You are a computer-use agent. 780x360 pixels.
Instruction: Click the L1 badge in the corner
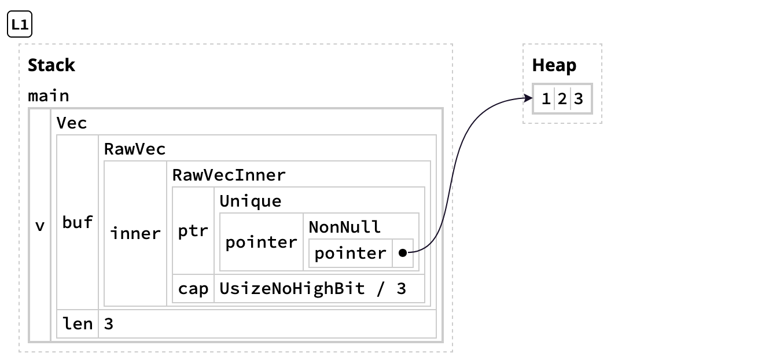click(20, 24)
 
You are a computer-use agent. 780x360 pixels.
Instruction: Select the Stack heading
click(51, 65)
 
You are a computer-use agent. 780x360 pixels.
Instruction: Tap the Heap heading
click(554, 65)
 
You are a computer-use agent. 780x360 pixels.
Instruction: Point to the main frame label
click(49, 95)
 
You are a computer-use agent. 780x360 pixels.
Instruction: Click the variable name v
click(40, 226)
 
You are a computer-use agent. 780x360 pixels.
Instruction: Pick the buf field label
click(78, 222)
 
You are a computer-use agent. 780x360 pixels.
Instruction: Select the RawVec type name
click(134, 149)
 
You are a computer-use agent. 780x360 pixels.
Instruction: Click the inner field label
click(135, 233)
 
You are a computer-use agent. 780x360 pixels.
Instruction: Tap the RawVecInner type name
click(229, 175)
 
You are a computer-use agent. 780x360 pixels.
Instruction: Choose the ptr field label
click(193, 231)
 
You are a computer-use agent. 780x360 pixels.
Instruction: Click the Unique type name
click(251, 201)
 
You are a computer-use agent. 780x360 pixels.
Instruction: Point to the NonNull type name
click(344, 227)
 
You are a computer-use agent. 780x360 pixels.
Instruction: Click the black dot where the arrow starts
click(403, 253)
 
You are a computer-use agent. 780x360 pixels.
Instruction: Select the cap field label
click(193, 289)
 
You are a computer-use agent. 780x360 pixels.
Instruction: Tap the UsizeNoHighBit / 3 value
click(312, 289)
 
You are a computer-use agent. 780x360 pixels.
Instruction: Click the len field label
click(78, 324)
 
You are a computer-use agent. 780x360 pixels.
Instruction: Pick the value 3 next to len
click(109, 324)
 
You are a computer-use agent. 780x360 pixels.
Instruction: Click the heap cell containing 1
click(546, 99)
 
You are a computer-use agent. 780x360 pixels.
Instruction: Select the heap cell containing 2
click(562, 99)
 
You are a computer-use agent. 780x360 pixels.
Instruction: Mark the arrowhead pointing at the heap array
click(529, 98)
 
